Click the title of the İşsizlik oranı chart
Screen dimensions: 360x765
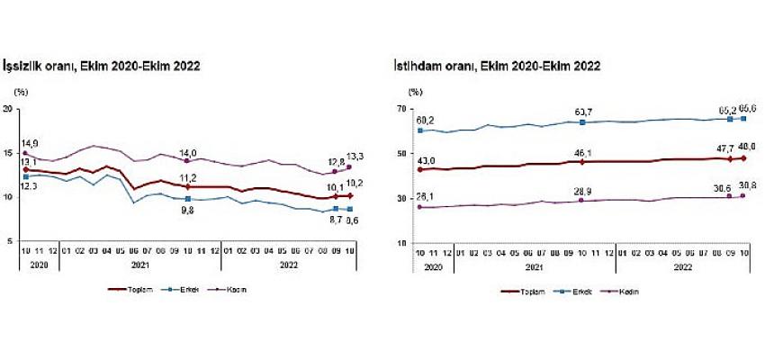(103, 67)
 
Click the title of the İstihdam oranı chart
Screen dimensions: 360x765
(496, 67)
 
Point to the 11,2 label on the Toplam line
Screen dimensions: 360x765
(188, 178)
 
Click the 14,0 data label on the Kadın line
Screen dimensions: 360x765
(188, 152)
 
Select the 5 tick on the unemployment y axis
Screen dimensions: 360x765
(9, 241)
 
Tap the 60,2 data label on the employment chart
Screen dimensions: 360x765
(425, 120)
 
